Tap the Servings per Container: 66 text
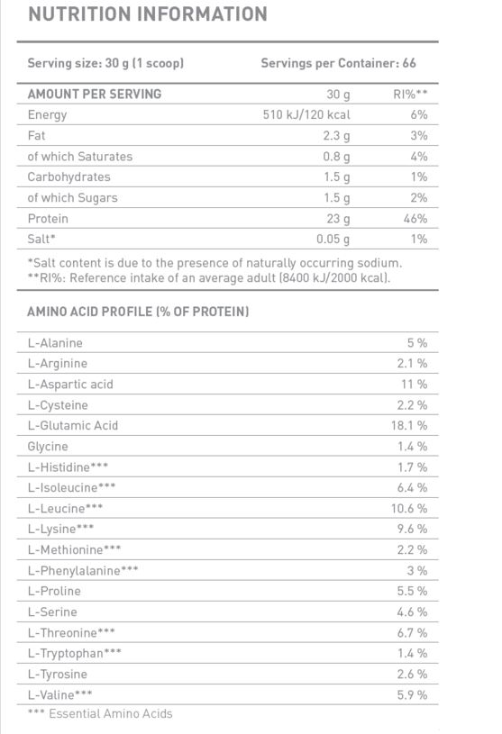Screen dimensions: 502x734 click(x=338, y=64)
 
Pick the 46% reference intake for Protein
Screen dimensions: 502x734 click(x=415, y=218)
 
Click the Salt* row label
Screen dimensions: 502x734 click(x=42, y=239)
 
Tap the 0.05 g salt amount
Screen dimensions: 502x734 click(x=333, y=239)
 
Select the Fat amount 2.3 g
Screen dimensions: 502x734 click(x=336, y=135)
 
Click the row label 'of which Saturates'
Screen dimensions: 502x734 click(x=80, y=156)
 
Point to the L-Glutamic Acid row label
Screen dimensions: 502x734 click(x=73, y=425)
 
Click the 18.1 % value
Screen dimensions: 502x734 click(x=409, y=425)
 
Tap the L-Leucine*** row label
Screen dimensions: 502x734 click(x=66, y=508)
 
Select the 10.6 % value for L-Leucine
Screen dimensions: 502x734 click(x=409, y=508)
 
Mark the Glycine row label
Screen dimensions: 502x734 click(x=48, y=446)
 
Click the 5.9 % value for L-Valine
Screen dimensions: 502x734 click(x=412, y=694)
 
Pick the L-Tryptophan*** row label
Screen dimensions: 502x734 click(x=75, y=653)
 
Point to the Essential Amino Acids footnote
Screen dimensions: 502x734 click(x=100, y=713)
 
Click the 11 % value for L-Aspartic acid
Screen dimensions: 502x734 click(x=415, y=384)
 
